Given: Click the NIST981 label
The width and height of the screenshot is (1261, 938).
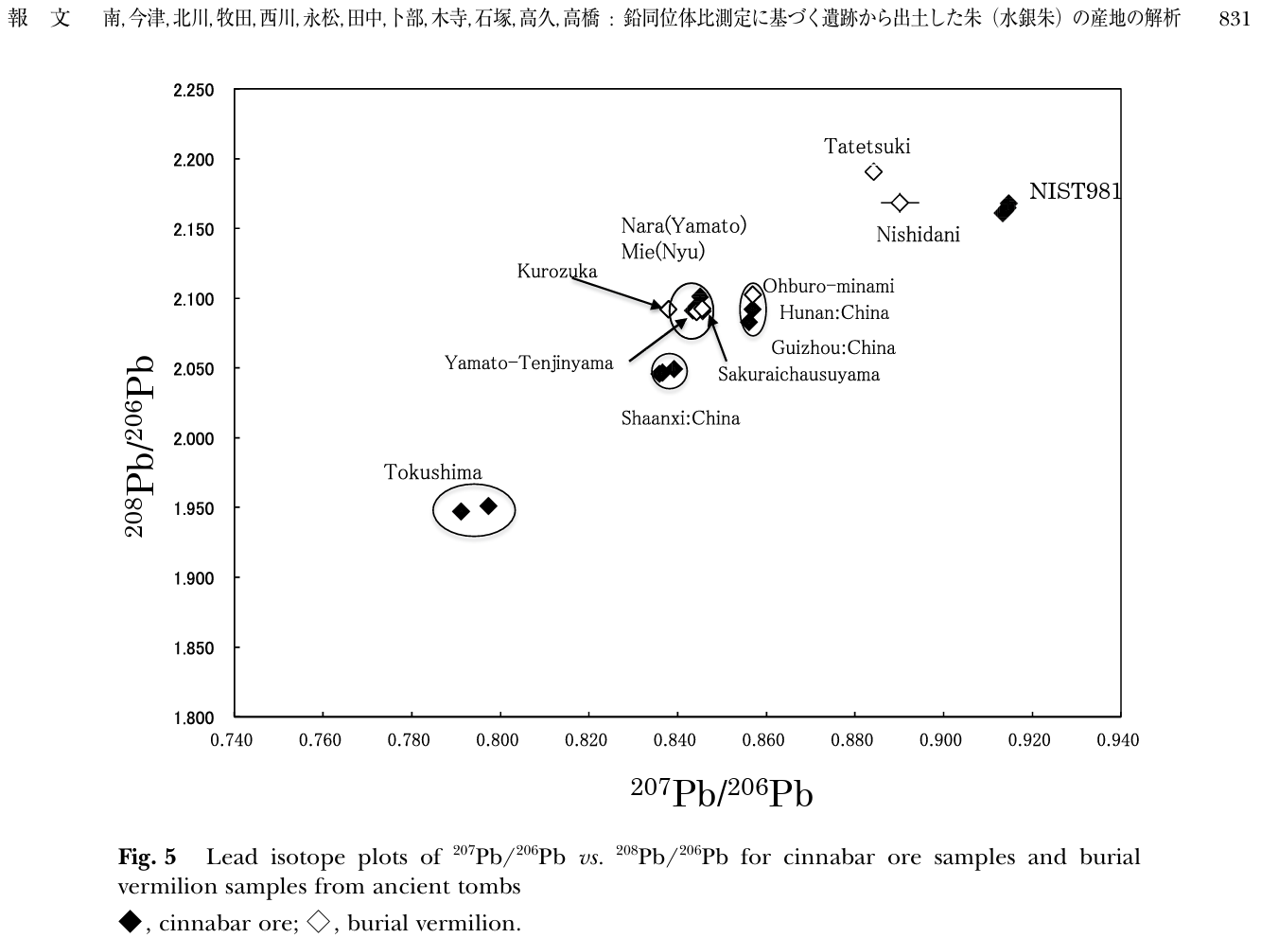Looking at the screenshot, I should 1075,191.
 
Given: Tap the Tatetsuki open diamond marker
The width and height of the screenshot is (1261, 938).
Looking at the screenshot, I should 874,171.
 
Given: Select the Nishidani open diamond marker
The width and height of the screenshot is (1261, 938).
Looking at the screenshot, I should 900,203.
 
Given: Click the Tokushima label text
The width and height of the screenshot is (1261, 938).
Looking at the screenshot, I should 432,472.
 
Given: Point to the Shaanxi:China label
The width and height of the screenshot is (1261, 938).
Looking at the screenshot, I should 680,418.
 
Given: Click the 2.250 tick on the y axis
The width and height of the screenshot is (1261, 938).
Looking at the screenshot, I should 194,91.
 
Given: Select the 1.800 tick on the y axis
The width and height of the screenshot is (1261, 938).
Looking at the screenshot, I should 194,718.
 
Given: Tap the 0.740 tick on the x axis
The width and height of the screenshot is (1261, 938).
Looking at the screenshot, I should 232,740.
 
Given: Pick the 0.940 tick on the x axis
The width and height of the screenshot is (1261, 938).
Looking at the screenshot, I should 1118,740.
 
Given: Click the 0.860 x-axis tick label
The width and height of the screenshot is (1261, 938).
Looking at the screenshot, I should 763,740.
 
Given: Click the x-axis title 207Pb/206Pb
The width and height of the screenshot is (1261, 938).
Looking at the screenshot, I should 722,793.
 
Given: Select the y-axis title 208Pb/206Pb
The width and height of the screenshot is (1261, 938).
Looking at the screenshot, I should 138,446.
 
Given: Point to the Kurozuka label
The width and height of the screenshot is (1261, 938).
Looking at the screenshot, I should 557,272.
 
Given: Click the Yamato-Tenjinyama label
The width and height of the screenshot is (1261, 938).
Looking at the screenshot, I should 529,363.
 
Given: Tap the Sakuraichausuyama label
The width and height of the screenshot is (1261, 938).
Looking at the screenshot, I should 798,374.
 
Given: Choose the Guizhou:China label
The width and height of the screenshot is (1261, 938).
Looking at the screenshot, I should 832,348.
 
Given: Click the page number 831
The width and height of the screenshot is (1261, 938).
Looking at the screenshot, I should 1235,19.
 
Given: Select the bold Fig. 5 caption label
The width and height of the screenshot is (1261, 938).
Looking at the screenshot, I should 147,858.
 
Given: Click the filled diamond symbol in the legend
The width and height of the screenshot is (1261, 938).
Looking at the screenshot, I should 131,921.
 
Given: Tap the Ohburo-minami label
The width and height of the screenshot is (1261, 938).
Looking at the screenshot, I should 828,286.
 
